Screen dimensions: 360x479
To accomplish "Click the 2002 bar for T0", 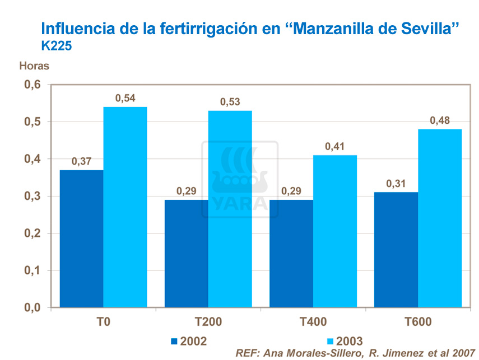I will [x=81, y=239].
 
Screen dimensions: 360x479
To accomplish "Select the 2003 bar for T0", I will [x=125, y=207].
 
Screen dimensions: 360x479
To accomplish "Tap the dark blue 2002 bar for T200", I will [x=186, y=254].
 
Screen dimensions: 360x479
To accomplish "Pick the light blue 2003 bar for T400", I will [x=335, y=231].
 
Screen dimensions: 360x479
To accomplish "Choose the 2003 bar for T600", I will [x=440, y=218].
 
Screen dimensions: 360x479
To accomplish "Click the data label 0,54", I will [x=125, y=99].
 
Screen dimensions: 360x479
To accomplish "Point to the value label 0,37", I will [x=81, y=162].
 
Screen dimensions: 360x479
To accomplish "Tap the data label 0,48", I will [x=440, y=121].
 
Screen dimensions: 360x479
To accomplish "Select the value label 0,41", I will [x=335, y=147].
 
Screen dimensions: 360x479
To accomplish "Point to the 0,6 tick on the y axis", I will [x=32, y=85].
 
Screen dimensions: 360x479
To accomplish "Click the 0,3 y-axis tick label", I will [x=32, y=196].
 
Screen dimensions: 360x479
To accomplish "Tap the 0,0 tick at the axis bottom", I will [x=32, y=307].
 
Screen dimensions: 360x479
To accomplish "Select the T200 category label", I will [x=208, y=322].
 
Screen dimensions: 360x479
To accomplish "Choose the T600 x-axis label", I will [x=417, y=322].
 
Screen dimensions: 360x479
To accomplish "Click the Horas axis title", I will [x=34, y=66].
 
